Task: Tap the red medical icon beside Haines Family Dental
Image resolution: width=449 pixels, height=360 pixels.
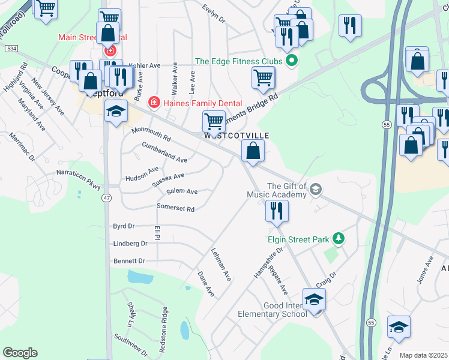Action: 154,103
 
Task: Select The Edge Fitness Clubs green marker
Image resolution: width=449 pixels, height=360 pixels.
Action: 292,61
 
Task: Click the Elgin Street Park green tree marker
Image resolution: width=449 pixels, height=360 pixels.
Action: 339,239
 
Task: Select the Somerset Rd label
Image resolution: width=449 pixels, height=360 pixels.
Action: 175,209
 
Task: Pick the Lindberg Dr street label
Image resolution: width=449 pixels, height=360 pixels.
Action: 130,244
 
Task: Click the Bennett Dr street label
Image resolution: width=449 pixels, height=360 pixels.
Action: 129,261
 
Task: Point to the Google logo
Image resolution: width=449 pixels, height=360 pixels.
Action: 20,353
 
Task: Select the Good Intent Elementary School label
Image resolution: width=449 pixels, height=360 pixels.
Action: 272,310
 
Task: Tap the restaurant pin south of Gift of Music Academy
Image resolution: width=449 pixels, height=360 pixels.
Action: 277,211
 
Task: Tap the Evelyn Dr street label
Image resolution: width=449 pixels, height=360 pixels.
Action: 214,14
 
